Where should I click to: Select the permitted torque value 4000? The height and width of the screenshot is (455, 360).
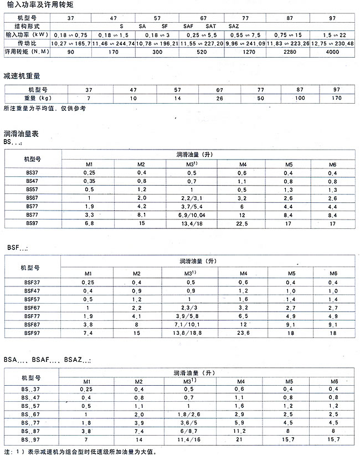(332, 51)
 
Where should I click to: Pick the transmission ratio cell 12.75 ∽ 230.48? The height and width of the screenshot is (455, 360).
(332, 43)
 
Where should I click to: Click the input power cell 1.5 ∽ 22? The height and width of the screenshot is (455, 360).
(332, 34)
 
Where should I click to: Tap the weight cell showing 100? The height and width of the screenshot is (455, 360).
(300, 98)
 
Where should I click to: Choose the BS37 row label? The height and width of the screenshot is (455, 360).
(32, 173)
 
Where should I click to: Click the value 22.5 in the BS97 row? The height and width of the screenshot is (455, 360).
(242, 224)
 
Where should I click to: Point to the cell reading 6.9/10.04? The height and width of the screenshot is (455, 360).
(192, 216)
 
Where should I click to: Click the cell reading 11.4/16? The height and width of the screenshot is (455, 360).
(192, 439)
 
